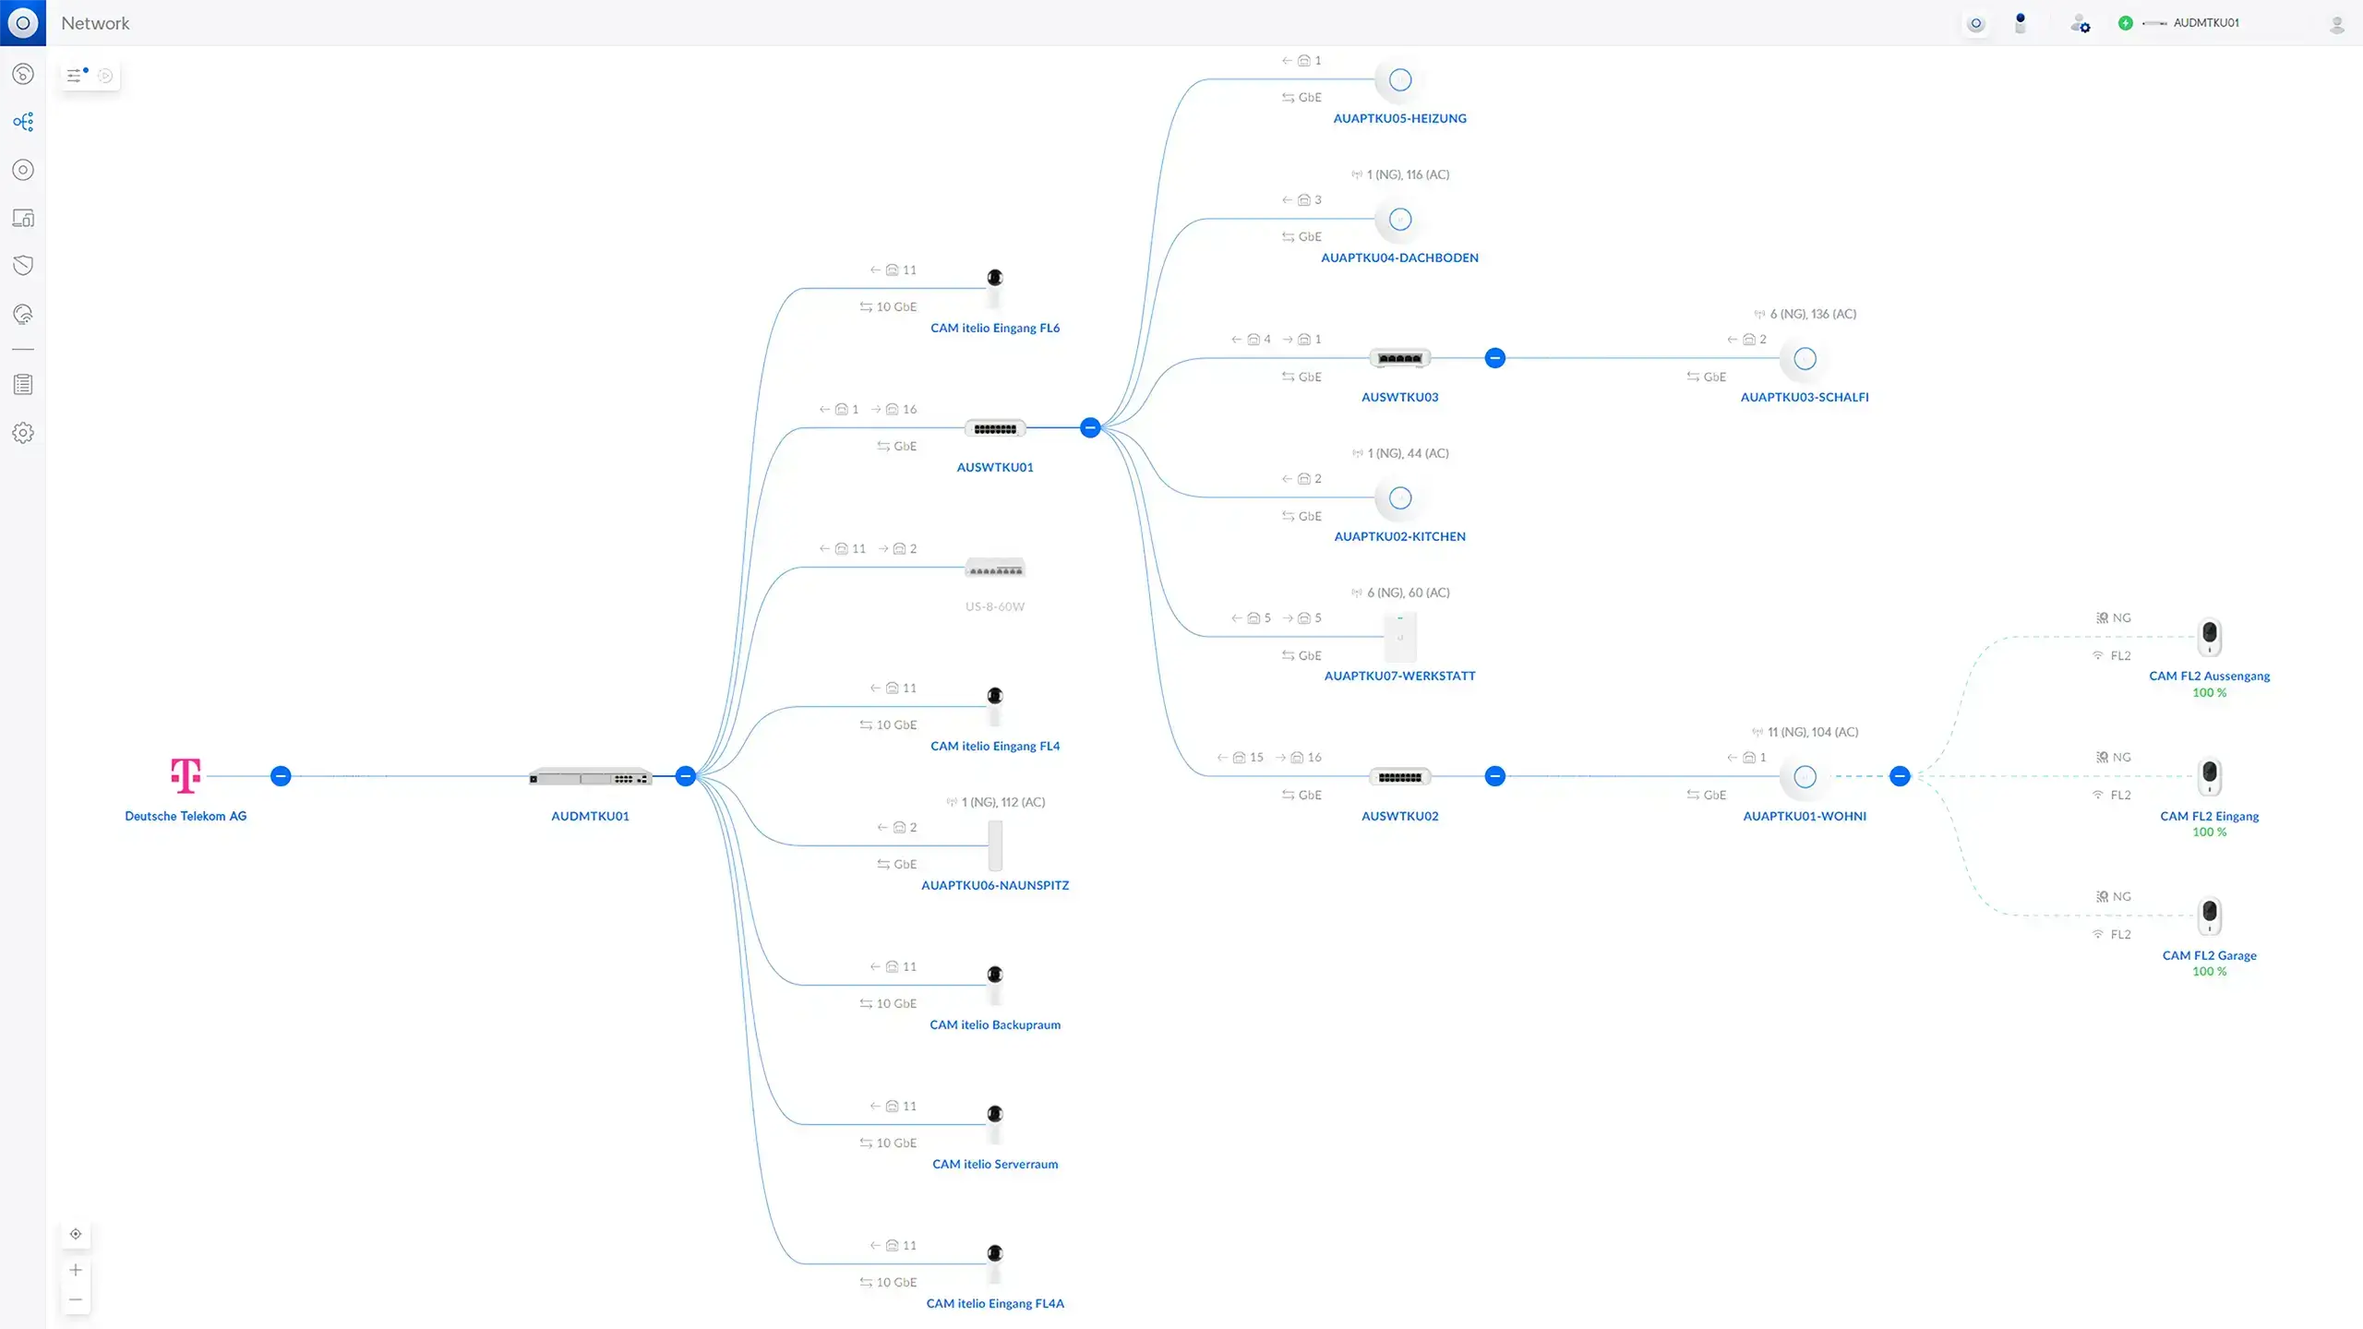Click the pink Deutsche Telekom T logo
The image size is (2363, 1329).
186,775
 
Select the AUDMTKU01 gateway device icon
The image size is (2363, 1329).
590,777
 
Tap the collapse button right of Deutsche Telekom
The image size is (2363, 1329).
281,776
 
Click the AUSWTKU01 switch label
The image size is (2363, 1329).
995,467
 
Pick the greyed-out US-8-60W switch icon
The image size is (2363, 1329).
995,568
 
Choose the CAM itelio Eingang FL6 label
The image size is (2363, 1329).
995,328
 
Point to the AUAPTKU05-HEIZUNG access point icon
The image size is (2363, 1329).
1400,80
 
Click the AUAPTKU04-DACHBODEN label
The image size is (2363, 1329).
1399,257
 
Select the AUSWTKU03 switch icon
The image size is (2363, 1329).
1400,358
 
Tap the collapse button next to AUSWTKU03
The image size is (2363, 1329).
1495,358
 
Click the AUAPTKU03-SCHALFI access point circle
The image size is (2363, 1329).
1805,358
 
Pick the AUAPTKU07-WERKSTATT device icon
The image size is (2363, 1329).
1400,637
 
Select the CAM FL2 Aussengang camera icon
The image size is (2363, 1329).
2210,636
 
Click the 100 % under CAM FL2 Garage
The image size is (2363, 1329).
2210,971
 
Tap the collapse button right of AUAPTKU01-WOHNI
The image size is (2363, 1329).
1900,776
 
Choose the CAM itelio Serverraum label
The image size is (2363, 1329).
995,1164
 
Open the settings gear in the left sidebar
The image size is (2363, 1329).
23,433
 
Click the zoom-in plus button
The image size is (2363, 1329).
76,1270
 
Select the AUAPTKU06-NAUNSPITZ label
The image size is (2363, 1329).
995,885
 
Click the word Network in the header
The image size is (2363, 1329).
95,23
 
